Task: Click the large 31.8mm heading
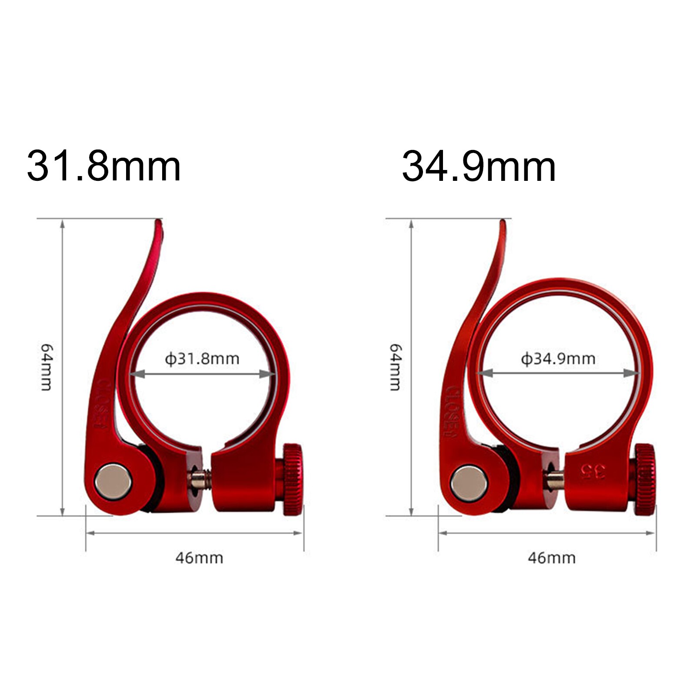pyautogui.click(x=103, y=167)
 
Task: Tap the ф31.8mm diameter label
pyautogui.click(x=202, y=359)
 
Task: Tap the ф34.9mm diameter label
pyautogui.click(x=558, y=359)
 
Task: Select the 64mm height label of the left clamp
pyautogui.click(x=47, y=367)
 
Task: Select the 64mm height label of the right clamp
pyautogui.click(x=395, y=367)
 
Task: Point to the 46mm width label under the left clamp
pyautogui.click(x=199, y=558)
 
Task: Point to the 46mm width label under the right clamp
pyautogui.click(x=552, y=558)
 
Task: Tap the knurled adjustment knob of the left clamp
pyautogui.click(x=293, y=480)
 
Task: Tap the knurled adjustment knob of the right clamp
pyautogui.click(x=645, y=480)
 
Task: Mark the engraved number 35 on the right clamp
pyautogui.click(x=593, y=471)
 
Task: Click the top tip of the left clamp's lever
pyautogui.click(x=160, y=223)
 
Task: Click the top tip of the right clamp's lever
pyautogui.click(x=503, y=223)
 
